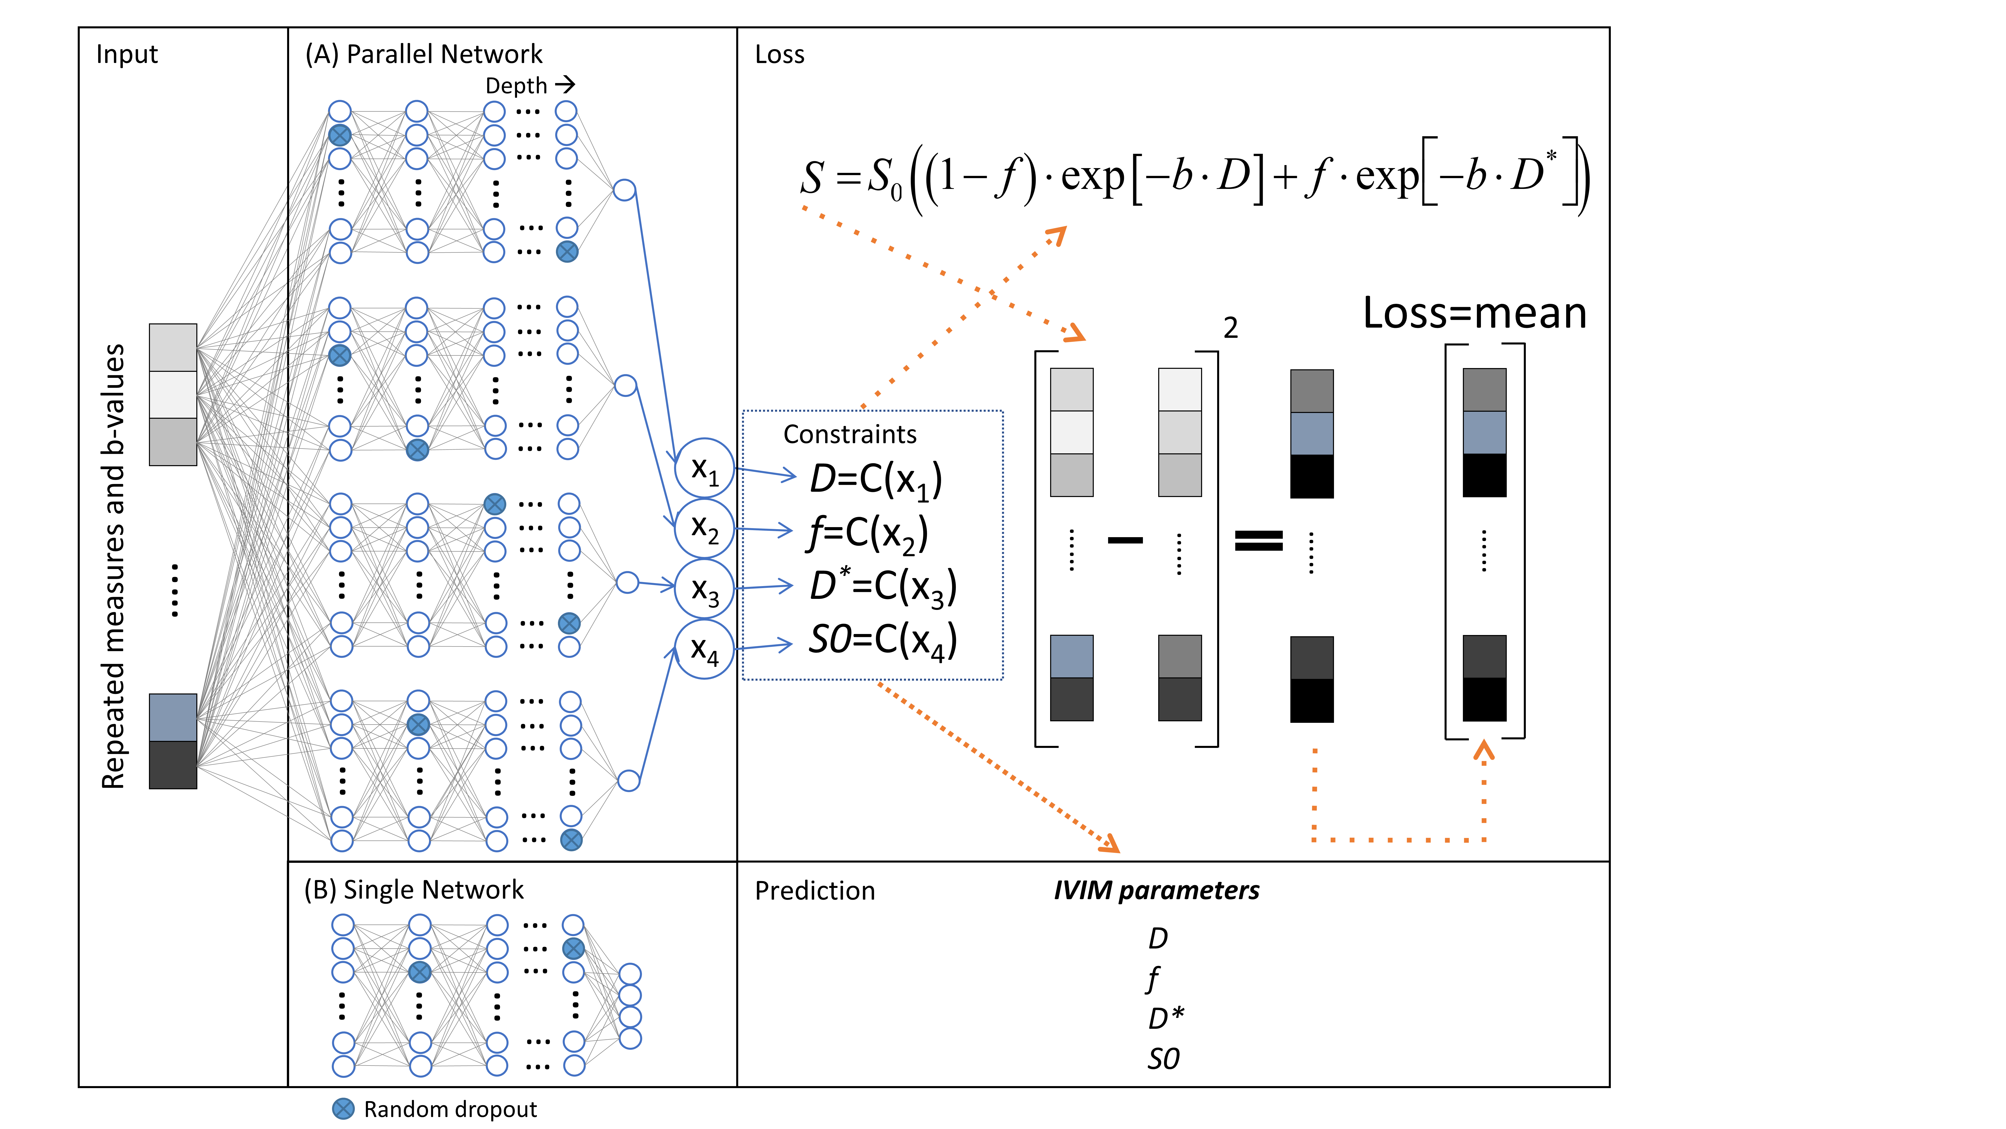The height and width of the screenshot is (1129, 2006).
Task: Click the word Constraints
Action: [850, 434]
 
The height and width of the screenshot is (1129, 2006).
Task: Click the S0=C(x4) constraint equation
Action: [882, 641]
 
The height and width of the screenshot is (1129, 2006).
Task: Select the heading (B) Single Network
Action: [413, 890]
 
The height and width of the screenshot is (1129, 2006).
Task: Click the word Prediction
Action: [814, 891]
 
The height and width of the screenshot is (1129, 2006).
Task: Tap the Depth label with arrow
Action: [530, 85]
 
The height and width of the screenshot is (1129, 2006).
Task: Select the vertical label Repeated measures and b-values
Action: [114, 567]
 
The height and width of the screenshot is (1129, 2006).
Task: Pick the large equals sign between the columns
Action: [1259, 540]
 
